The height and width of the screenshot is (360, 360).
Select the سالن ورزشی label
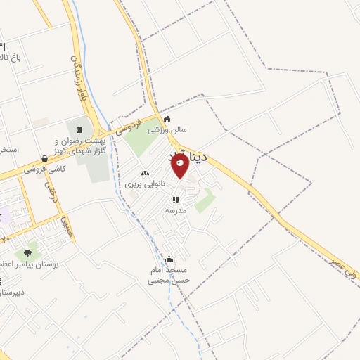click(x=167, y=130)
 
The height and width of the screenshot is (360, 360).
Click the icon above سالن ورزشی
click(x=167, y=119)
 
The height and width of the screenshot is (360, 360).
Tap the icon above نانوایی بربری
click(x=145, y=173)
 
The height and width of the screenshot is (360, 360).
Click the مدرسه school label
click(x=176, y=210)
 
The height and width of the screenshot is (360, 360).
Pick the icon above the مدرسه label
click(x=176, y=200)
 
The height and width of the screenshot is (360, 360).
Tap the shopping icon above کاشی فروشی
click(x=45, y=159)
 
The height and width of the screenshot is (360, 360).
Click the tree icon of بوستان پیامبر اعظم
click(x=27, y=253)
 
